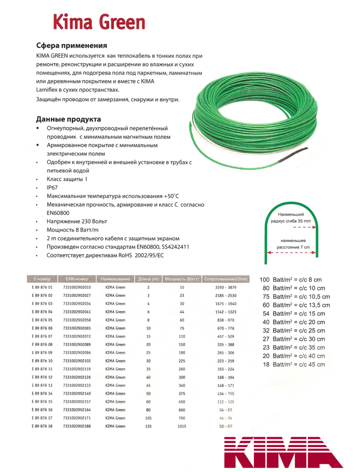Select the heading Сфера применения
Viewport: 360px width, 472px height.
pyautogui.click(x=71, y=45)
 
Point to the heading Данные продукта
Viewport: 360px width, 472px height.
pyautogui.click(x=68, y=119)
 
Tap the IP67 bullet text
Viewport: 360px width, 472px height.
pyautogui.click(x=53, y=188)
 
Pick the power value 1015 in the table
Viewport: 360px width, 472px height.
pyautogui.click(x=182, y=426)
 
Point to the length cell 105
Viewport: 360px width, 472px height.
pyautogui.click(x=149, y=418)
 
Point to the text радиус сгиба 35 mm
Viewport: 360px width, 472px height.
pyautogui.click(x=291, y=221)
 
